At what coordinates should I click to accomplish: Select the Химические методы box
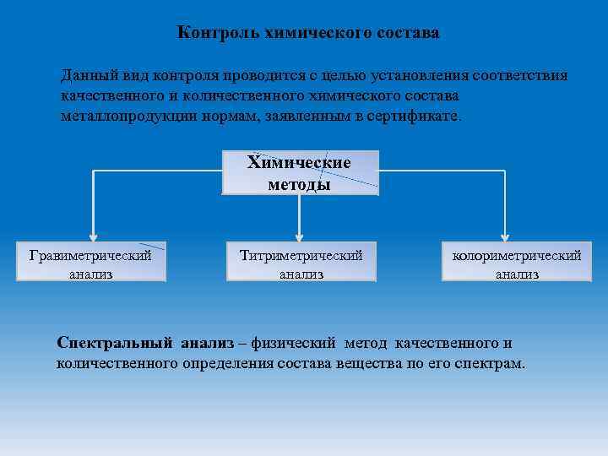coord(300,172)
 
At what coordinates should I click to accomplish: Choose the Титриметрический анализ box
coord(301,263)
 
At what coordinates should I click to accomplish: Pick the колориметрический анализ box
coord(516,263)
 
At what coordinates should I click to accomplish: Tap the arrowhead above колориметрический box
coord(505,236)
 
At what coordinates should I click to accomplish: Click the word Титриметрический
coord(301,254)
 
